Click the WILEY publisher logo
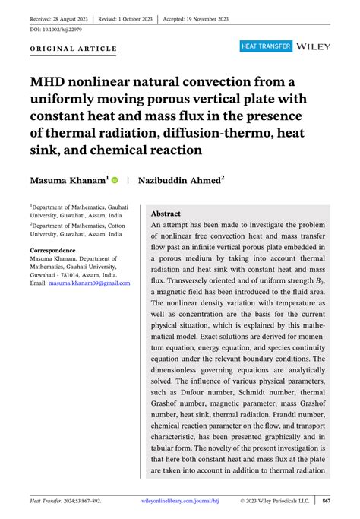coord(314,47)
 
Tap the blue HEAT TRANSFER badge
coord(266,47)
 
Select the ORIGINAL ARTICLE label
coord(74,49)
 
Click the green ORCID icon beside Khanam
coord(115,181)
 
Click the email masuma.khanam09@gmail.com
coord(89,283)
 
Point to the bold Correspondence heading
coord(52,250)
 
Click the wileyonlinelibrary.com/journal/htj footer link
coord(186,501)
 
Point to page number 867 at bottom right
coord(326,501)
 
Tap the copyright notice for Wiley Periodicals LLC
coord(273,501)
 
